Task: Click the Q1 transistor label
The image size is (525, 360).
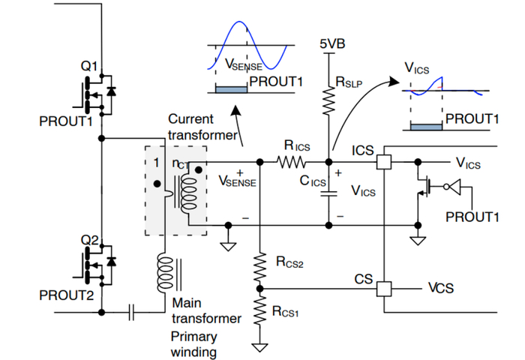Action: coord(89,67)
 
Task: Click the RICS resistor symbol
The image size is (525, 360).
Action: coord(292,161)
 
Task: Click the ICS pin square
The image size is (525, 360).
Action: coord(383,161)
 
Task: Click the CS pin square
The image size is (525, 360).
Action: coord(383,288)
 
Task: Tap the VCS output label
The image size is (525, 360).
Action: coord(440,288)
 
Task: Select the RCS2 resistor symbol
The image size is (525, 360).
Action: coord(259,263)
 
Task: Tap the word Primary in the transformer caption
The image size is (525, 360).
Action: coord(193,335)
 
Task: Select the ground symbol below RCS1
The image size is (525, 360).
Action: coord(259,346)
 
